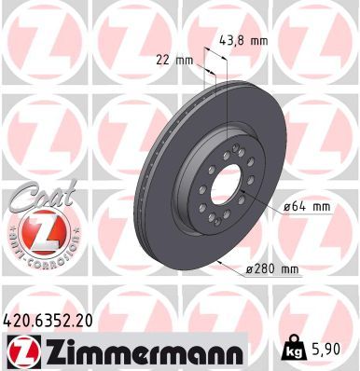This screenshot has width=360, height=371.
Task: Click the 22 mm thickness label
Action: (x=175, y=60)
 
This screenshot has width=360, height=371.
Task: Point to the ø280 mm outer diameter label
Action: (x=270, y=269)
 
